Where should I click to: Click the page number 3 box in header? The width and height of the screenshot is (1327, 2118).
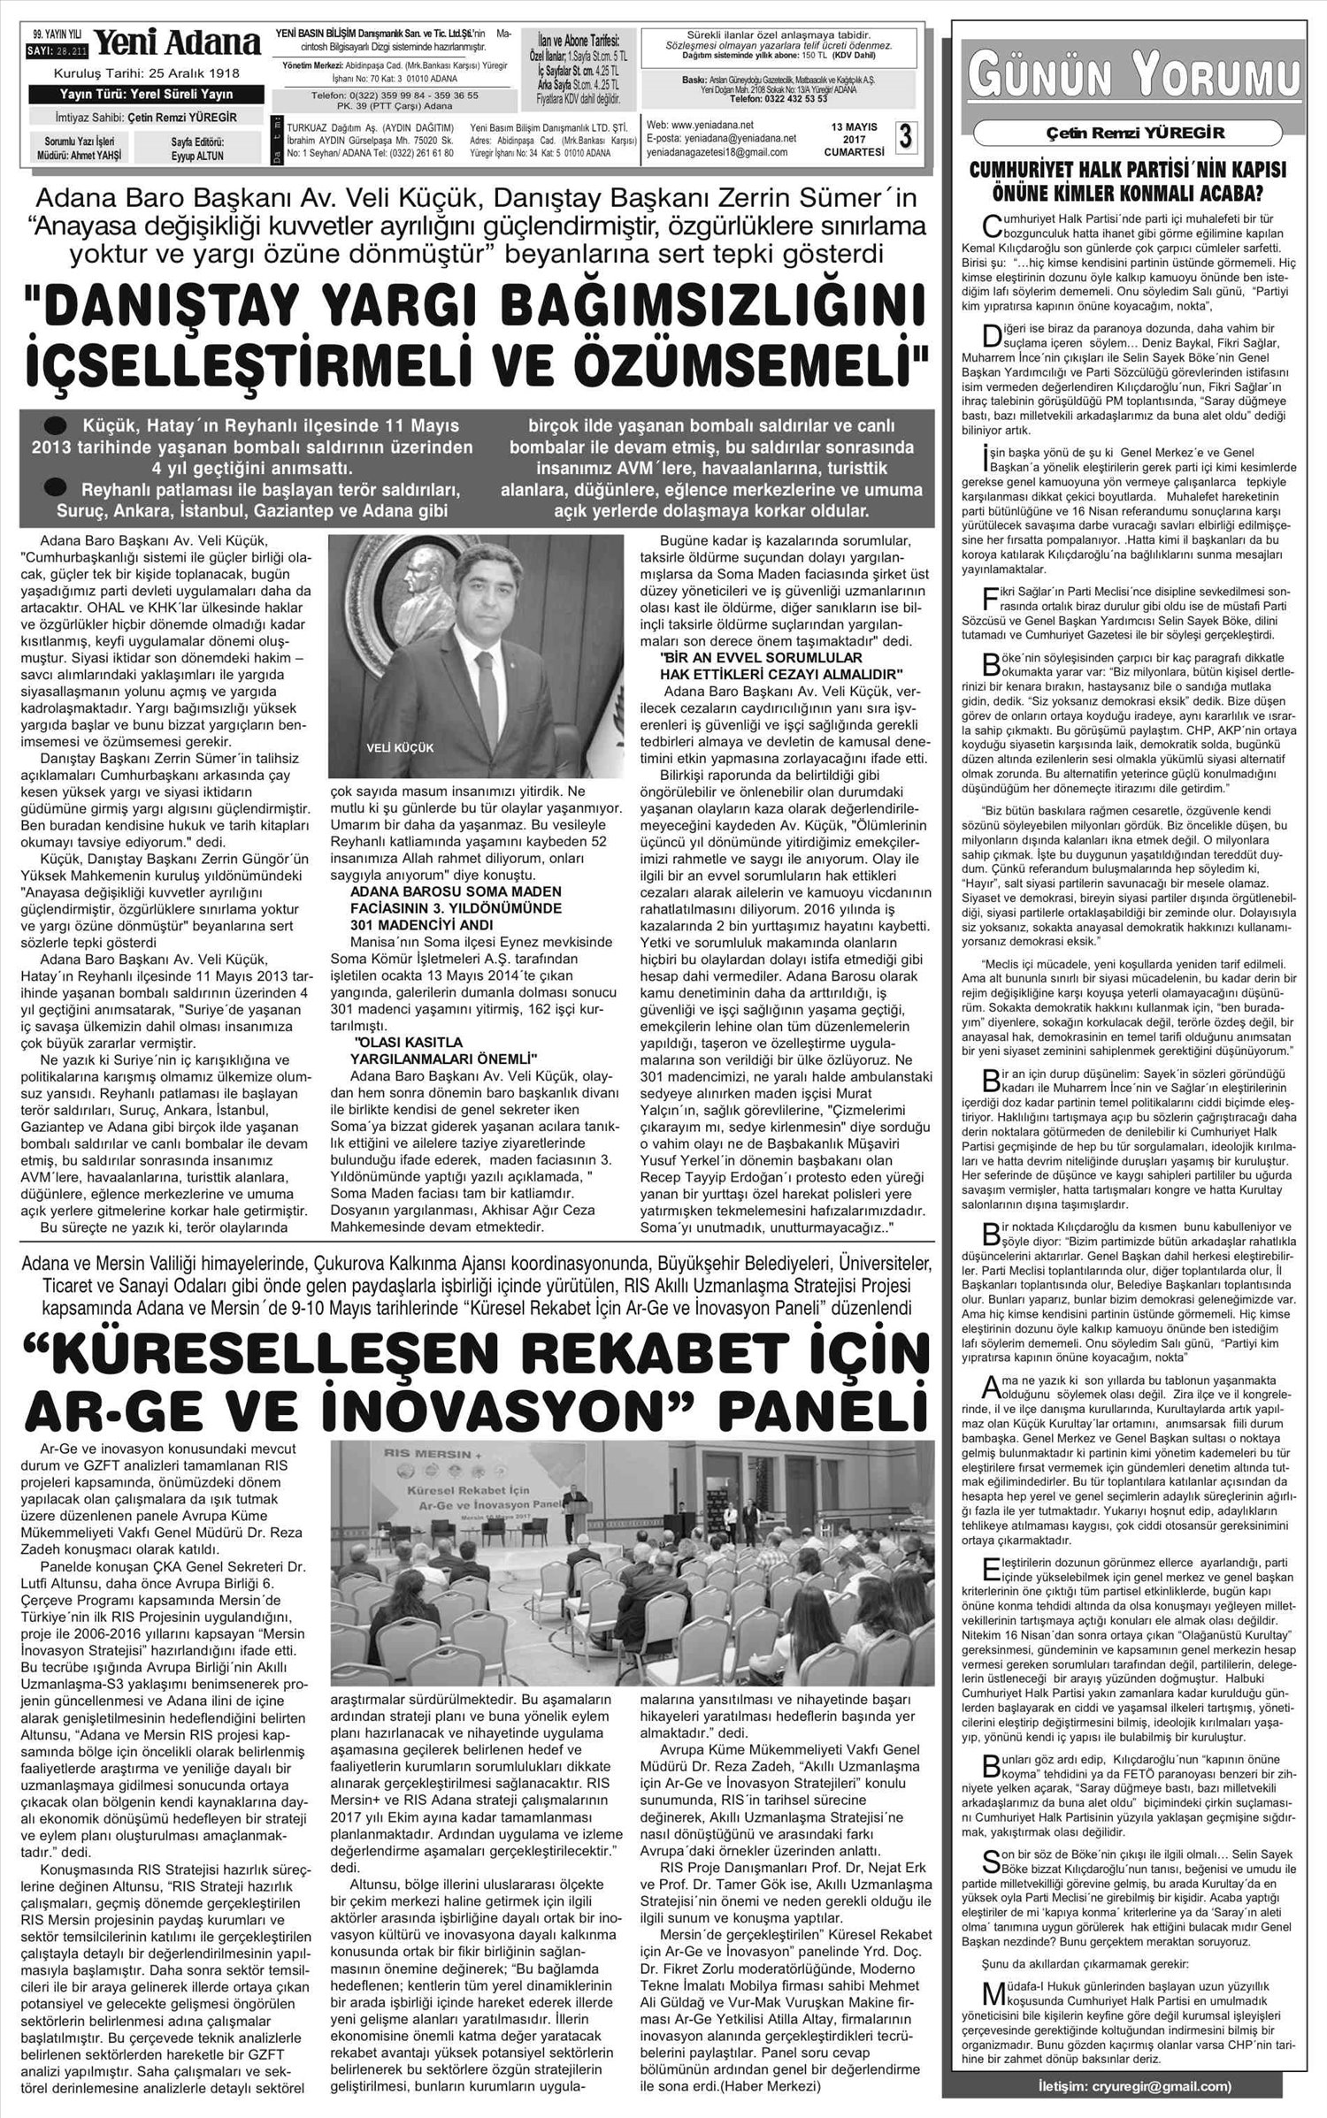pos(905,137)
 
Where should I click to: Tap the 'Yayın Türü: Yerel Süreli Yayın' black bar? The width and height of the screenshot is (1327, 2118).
pos(145,96)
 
